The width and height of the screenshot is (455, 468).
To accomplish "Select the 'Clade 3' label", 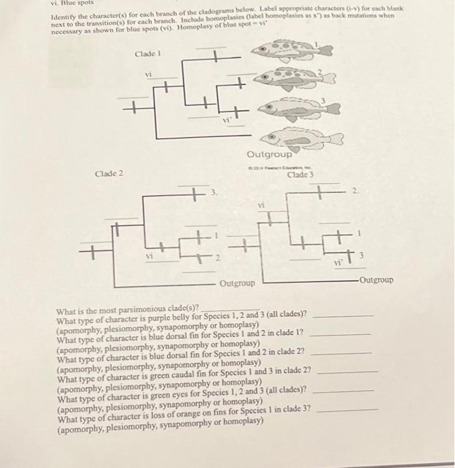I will click(299, 175).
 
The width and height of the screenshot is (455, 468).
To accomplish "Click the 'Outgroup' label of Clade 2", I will click(237, 283).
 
